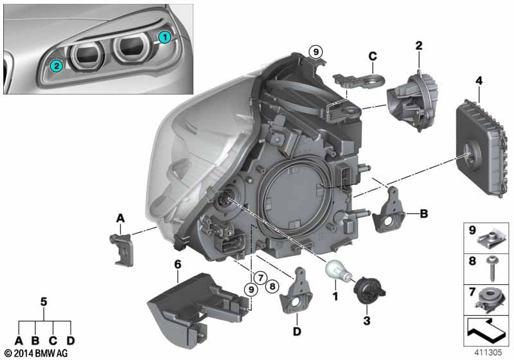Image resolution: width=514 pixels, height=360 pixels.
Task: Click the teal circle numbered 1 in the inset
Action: (x=164, y=37)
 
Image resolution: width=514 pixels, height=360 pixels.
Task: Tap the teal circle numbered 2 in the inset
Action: (x=57, y=66)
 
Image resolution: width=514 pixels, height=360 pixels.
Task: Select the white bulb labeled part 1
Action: (x=337, y=271)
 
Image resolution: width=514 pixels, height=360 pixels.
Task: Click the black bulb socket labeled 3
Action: (x=369, y=291)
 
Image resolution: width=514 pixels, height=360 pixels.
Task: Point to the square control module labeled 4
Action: (x=479, y=148)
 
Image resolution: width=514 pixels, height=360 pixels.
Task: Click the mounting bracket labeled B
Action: (x=389, y=210)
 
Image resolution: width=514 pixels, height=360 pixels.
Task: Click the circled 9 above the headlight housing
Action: (x=315, y=52)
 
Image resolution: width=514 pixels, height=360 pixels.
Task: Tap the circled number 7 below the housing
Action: (x=260, y=278)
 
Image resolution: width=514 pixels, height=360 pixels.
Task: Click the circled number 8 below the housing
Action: (x=272, y=287)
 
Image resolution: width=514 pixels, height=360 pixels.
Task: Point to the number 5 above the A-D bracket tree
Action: (x=44, y=301)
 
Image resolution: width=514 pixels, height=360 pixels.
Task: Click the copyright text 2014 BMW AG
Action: (x=36, y=353)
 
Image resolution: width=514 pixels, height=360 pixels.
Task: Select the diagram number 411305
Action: (x=488, y=352)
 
